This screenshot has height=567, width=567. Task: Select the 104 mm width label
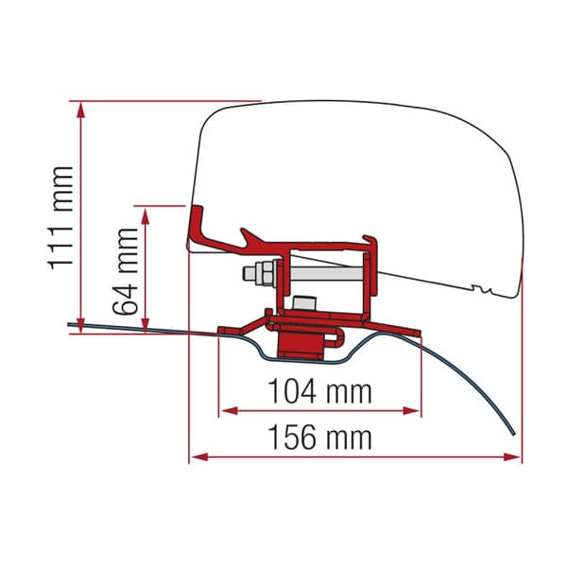[319, 390]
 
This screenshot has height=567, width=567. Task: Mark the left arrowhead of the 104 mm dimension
[228, 410]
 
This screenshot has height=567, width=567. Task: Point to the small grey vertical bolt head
[303, 302]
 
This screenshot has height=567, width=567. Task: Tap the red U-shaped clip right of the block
[333, 342]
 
